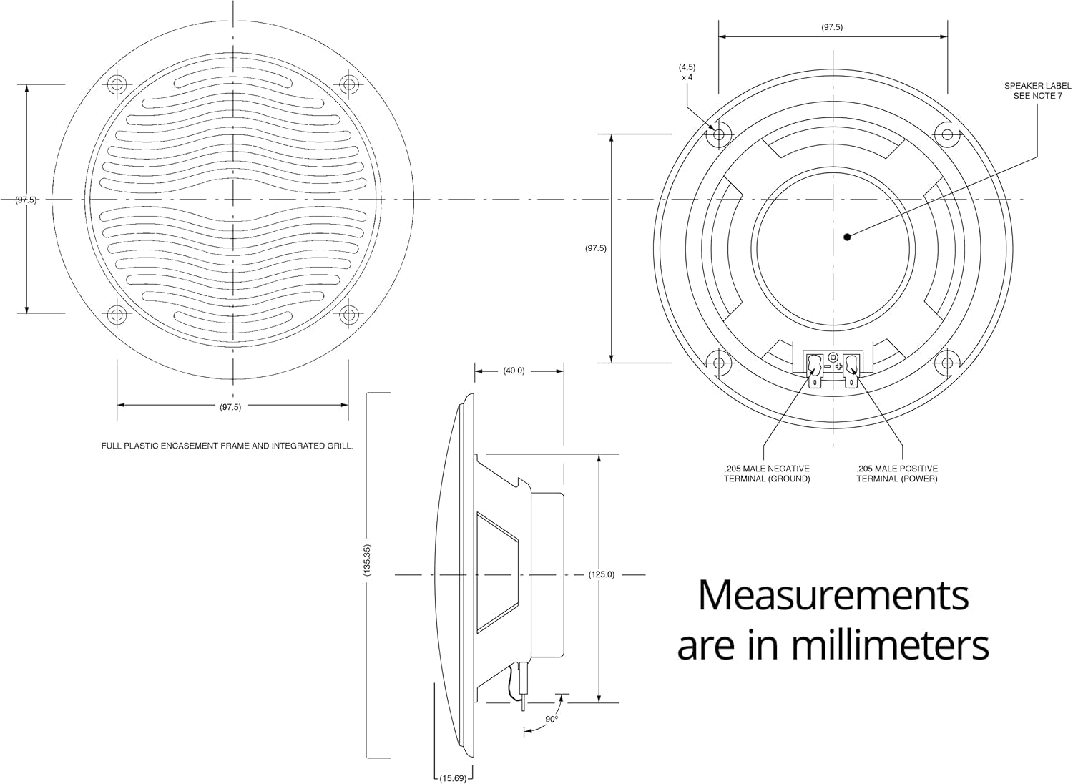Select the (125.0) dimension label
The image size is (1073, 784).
click(601, 574)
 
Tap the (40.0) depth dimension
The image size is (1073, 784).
click(514, 371)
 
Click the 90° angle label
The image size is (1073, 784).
click(551, 719)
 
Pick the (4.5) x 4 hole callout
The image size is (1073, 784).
click(687, 72)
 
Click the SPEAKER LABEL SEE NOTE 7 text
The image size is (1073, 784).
click(1037, 90)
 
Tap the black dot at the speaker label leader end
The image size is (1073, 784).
click(846, 237)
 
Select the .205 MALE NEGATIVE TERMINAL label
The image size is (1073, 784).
click(767, 474)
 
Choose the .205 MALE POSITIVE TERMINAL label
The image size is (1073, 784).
click(897, 474)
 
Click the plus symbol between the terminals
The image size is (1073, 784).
click(838, 366)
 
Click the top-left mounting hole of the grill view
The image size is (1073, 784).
click(117, 84)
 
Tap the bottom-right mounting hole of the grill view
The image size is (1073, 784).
click(348, 313)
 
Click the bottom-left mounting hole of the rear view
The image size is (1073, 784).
click(719, 362)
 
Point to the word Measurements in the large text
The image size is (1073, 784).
click(833, 595)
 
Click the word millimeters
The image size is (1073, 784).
click(890, 645)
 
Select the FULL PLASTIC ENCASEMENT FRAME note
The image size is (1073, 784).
click(227, 446)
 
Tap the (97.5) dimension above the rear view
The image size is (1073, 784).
click(832, 27)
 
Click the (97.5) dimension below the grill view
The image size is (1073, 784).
click(230, 406)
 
